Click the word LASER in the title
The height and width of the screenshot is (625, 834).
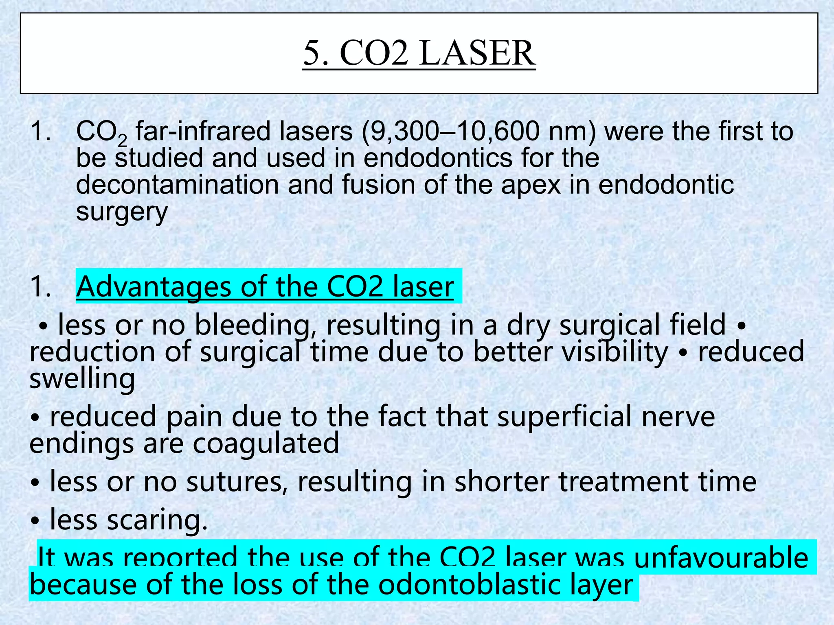tap(477, 53)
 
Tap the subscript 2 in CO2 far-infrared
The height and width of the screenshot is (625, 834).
tap(122, 141)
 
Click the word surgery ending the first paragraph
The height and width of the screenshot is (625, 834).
tap(122, 212)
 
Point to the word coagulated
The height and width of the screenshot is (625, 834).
tap(266, 443)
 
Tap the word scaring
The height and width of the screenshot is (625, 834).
tap(157, 520)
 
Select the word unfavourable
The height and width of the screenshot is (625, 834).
tap(721, 557)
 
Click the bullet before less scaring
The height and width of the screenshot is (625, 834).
tap(36, 520)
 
